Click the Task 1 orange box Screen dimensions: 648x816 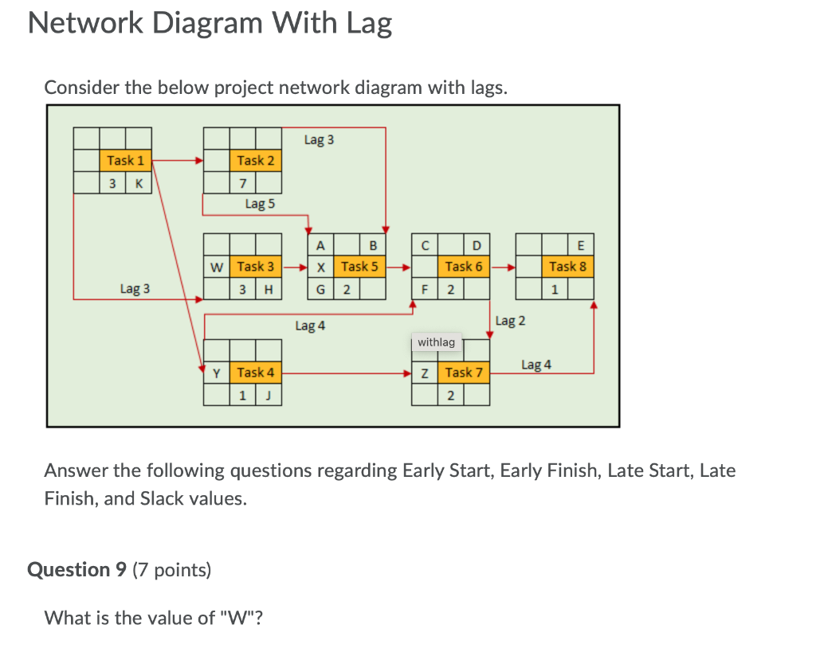(126, 161)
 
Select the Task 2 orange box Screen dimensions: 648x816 (255, 161)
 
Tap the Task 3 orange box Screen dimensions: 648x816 (255, 267)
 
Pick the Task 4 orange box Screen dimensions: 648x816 (255, 373)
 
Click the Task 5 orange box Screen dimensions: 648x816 (359, 267)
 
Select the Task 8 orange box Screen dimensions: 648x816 (567, 267)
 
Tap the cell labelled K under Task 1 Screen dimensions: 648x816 (139, 183)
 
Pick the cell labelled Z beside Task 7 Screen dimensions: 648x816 (425, 373)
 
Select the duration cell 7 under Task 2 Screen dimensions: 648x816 (242, 183)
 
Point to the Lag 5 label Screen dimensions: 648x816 (260, 204)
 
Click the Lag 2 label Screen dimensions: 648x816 (510, 321)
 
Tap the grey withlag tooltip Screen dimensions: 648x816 (436, 342)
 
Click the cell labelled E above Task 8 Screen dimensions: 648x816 (580, 244)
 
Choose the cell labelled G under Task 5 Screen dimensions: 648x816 (320, 289)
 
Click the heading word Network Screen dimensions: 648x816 (84, 24)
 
